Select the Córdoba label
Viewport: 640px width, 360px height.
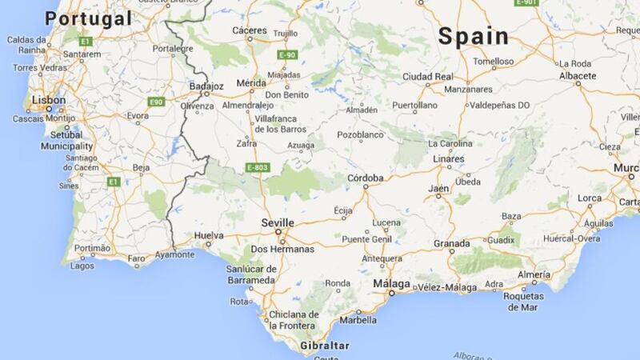tap(367, 178)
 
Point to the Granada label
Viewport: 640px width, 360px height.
tap(451, 243)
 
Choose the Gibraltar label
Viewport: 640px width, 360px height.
tap(326, 345)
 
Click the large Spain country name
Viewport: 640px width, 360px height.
tap(474, 35)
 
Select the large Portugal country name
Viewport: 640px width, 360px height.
tap(88, 18)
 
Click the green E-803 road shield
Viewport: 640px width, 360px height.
tap(257, 168)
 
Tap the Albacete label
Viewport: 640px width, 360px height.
tap(578, 75)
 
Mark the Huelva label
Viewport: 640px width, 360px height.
tap(209, 235)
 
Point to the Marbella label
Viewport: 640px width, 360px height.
tap(359, 320)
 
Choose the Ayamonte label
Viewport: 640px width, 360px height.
tap(174, 254)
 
